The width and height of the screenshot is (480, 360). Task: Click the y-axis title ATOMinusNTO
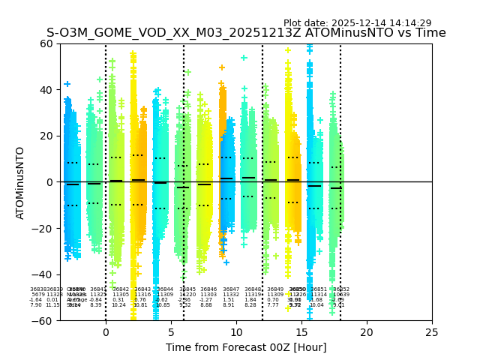pyautogui.click(x=21, y=182)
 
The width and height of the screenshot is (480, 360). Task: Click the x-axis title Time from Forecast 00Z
pyautogui.click(x=246, y=347)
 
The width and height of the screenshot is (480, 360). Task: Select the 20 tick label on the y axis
pyautogui.click(x=46, y=136)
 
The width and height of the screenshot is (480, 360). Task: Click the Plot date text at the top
pyautogui.click(x=357, y=23)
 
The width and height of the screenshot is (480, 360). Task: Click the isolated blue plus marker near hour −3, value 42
pyautogui.click(x=67, y=84)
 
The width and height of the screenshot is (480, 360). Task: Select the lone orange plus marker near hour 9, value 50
pyautogui.click(x=222, y=67)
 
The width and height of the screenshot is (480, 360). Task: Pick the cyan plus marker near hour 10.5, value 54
pyautogui.click(x=244, y=58)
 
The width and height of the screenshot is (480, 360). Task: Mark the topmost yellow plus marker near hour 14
pyautogui.click(x=287, y=51)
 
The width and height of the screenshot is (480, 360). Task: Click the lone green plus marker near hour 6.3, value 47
pyautogui.click(x=188, y=73)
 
